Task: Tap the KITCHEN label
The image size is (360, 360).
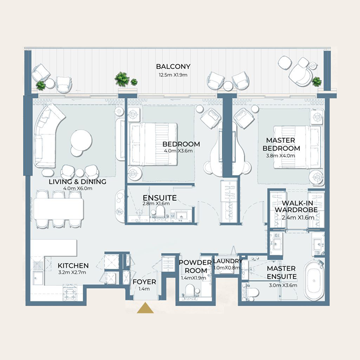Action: (73, 265)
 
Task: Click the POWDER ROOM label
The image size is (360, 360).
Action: (195, 266)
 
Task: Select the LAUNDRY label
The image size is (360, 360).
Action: (228, 261)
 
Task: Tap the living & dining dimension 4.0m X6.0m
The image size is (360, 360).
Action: (77, 189)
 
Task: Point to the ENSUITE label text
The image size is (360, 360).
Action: (159, 198)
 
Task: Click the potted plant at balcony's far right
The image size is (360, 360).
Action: (317, 81)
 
